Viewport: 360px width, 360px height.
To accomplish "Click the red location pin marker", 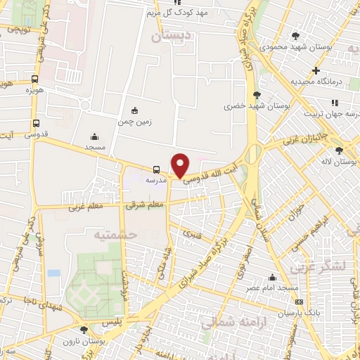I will click(x=181, y=165).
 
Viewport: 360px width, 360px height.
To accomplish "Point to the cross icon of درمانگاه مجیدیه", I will click(x=316, y=70).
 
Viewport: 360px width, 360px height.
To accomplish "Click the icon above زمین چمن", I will click(x=134, y=110).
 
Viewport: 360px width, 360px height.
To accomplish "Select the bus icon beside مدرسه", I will click(x=156, y=169).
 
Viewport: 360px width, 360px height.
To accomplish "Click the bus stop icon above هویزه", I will click(x=35, y=79).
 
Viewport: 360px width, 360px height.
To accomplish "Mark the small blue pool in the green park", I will click(x=53, y=273).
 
